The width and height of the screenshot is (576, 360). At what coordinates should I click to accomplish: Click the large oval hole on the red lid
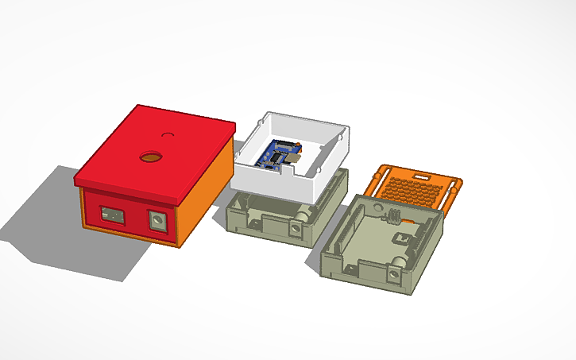coord(149,157)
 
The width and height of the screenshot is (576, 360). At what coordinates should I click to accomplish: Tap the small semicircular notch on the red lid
coord(168,134)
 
